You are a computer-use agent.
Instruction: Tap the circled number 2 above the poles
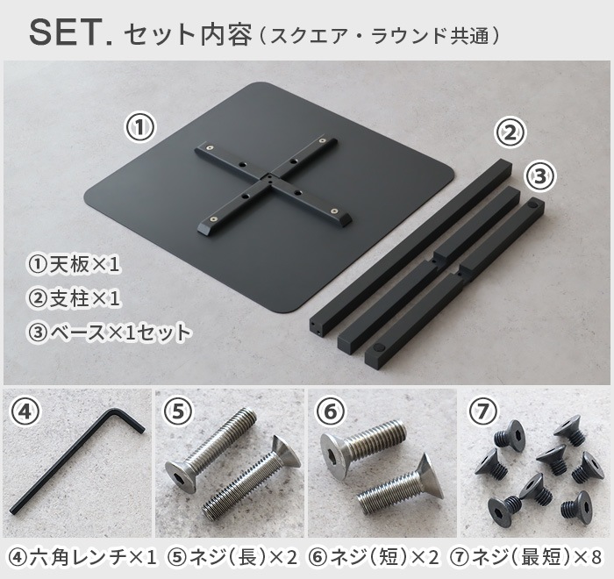tap(510, 133)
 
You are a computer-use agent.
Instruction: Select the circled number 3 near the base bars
tap(540, 175)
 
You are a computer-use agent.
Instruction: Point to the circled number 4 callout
tap(27, 412)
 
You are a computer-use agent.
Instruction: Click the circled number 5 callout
tap(178, 411)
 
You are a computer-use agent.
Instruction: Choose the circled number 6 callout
tap(330, 411)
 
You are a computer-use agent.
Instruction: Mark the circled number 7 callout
tap(483, 411)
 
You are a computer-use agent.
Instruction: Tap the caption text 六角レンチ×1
tap(84, 556)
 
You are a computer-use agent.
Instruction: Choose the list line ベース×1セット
tap(109, 332)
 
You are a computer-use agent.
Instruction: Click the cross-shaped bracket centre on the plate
tap(270, 182)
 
